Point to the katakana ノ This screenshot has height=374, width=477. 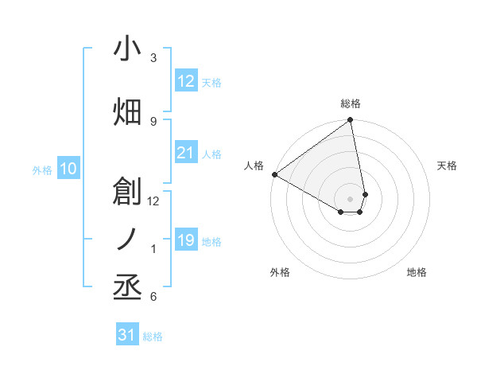(128, 239)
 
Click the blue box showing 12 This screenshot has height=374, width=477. (185, 81)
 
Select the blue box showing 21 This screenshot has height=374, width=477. (185, 153)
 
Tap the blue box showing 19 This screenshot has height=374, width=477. (185, 240)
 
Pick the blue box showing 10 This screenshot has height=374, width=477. (68, 169)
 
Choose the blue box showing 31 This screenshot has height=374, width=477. (127, 335)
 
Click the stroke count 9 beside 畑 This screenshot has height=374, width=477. (153, 121)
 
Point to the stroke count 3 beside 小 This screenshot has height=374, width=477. (153, 58)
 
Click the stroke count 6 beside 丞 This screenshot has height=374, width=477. (153, 298)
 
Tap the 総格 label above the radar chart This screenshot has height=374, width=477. (351, 103)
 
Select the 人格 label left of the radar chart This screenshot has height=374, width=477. (254, 166)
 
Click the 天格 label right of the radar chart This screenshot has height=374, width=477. (448, 166)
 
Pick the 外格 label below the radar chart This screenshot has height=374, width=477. (280, 272)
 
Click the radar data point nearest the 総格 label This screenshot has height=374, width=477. (351, 121)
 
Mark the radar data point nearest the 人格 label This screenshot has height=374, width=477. (274, 174)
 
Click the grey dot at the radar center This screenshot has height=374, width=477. (351, 197)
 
